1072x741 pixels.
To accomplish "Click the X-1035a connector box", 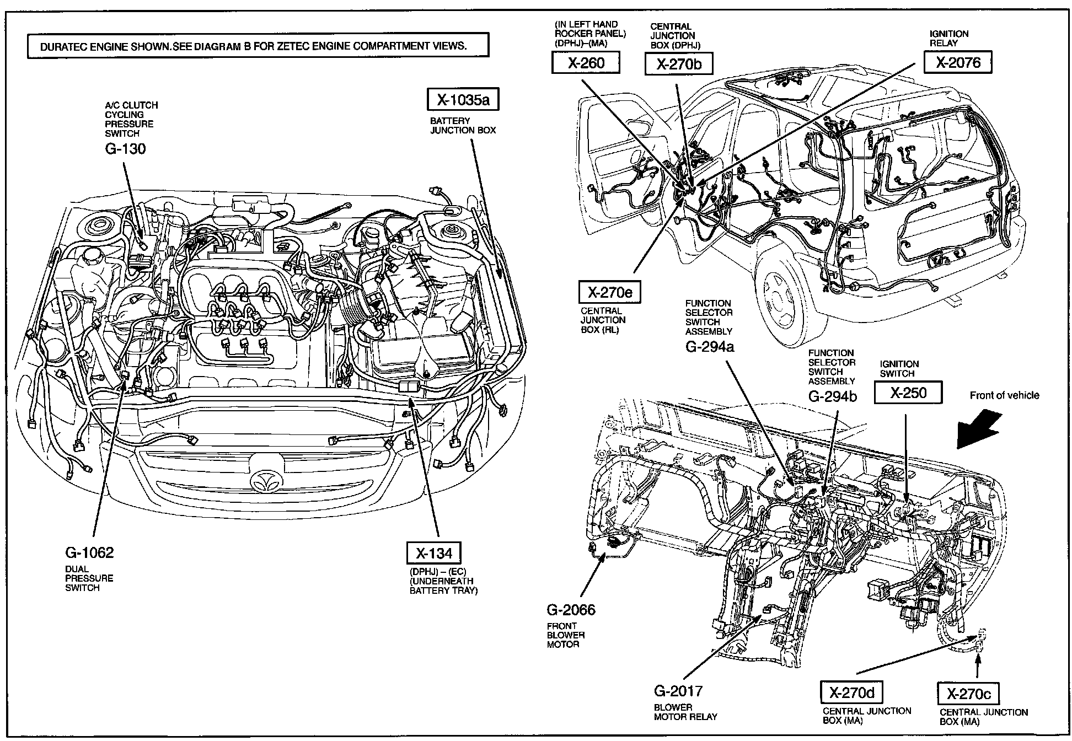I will pyautogui.click(x=463, y=100).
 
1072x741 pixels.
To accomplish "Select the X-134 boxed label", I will pyautogui.click(x=433, y=553).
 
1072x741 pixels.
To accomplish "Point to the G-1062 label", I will pyautogui.click(x=89, y=552).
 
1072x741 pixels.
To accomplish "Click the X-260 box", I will pyautogui.click(x=586, y=63).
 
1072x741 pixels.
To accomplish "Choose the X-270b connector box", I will pyautogui.click(x=679, y=64).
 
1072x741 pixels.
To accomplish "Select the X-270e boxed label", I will pyautogui.click(x=609, y=292).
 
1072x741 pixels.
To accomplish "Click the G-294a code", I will pyautogui.click(x=710, y=346).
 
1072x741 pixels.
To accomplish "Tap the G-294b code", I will pyautogui.click(x=833, y=396).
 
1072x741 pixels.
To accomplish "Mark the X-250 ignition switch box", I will pyautogui.click(x=908, y=393).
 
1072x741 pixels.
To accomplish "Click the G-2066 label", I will pyautogui.click(x=571, y=610).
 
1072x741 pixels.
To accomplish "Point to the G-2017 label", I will pyautogui.click(x=678, y=691).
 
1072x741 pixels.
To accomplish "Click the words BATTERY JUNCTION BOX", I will pyautogui.click(x=463, y=126).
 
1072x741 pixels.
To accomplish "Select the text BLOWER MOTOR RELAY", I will pyautogui.click(x=685, y=712).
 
